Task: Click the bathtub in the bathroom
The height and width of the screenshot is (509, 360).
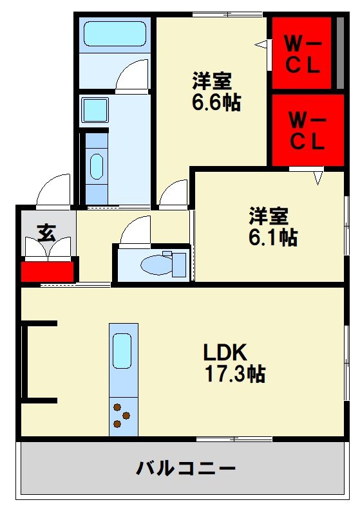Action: [115, 33]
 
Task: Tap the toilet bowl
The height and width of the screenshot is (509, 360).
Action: [155, 264]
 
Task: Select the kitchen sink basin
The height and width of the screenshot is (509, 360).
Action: [122, 350]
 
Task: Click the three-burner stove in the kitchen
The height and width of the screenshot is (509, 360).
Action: [123, 414]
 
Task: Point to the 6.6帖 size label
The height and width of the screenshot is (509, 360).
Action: [216, 103]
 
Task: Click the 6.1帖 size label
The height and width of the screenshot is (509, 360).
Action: [272, 237]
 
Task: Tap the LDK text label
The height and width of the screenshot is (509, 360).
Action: [225, 352]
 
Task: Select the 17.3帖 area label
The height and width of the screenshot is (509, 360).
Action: [235, 373]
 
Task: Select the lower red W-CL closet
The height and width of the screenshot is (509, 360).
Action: [307, 131]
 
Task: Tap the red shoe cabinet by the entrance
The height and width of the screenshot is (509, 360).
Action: [47, 271]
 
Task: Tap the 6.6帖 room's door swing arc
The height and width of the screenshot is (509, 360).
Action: [172, 193]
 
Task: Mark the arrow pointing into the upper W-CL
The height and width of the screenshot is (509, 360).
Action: [261, 44]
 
